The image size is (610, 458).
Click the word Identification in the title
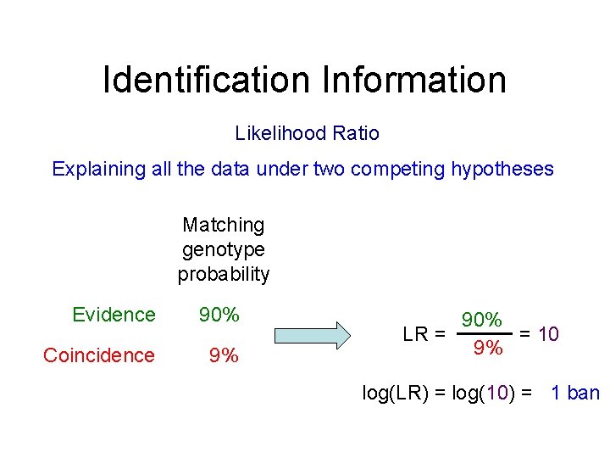pos(207,80)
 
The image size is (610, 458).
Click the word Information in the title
pos(414,80)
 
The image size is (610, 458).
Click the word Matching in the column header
pos(224,225)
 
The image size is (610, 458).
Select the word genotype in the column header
pos(224,249)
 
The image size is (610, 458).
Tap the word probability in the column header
pos(224,274)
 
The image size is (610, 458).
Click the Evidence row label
pos(114,315)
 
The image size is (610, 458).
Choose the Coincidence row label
pos(99,355)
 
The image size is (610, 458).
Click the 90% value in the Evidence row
pos(219,315)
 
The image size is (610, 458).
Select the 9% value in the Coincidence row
pos(224,355)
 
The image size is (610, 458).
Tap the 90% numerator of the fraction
pos(483,320)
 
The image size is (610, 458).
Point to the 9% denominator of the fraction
pos(488,348)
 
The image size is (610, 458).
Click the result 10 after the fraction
pos(548,334)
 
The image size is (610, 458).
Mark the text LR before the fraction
pos(415,334)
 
